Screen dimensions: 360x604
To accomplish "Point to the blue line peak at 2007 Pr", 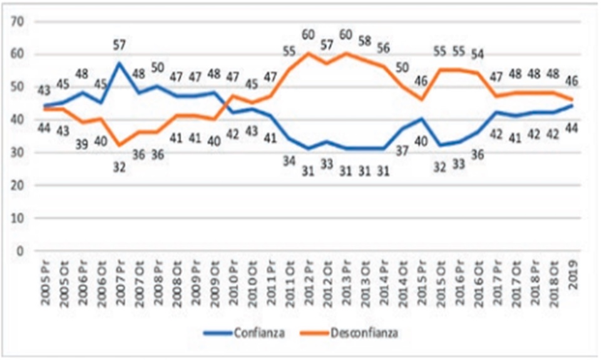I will pyautogui.click(x=120, y=63).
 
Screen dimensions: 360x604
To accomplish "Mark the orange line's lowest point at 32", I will pyautogui.click(x=120, y=145).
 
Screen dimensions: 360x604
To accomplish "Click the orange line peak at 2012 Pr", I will pyautogui.click(x=308, y=53).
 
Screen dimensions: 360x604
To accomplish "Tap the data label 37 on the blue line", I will pyautogui.click(x=402, y=150).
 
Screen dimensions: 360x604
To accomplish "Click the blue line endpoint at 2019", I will pyautogui.click(x=573, y=106).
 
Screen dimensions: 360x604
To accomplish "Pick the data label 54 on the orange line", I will pyautogui.click(x=478, y=54).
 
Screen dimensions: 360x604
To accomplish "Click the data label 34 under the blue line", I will pyautogui.click(x=289, y=160).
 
